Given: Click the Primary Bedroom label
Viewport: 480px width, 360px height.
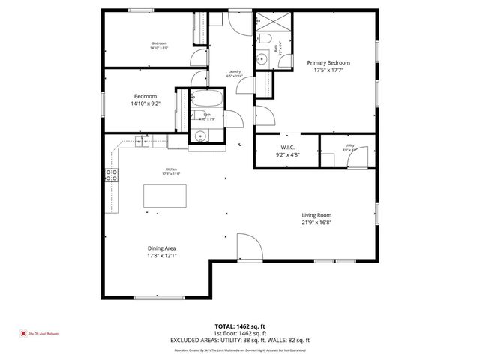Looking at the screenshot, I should click(x=328, y=63).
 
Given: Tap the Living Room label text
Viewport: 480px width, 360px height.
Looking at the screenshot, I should click(x=316, y=215).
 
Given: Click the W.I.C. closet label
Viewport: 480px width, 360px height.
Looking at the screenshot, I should click(x=289, y=147).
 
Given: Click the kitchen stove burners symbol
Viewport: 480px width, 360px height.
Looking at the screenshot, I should click(x=111, y=176).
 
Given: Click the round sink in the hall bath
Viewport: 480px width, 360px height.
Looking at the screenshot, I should click(x=200, y=136).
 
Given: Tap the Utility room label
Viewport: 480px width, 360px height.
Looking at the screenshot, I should click(x=349, y=145).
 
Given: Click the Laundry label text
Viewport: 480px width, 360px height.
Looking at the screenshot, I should click(x=234, y=71).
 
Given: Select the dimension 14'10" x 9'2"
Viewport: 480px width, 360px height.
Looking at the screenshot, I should click(x=145, y=104).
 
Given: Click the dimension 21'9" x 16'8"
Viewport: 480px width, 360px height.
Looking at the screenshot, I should click(x=316, y=222).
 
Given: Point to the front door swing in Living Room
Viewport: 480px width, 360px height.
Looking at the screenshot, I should click(x=247, y=247).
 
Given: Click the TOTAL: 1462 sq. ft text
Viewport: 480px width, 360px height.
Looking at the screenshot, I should click(x=240, y=325).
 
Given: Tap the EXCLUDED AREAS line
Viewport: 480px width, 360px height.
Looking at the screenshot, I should click(x=240, y=340).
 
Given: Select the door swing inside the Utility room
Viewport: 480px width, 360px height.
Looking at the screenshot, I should click(x=358, y=157).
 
